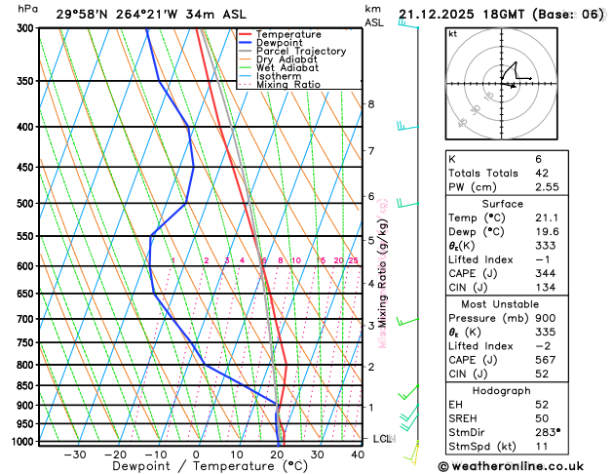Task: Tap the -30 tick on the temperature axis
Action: [x=75, y=454]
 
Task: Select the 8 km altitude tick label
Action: [x=371, y=104]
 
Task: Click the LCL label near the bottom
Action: [x=382, y=439]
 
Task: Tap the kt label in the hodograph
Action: [x=452, y=33]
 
